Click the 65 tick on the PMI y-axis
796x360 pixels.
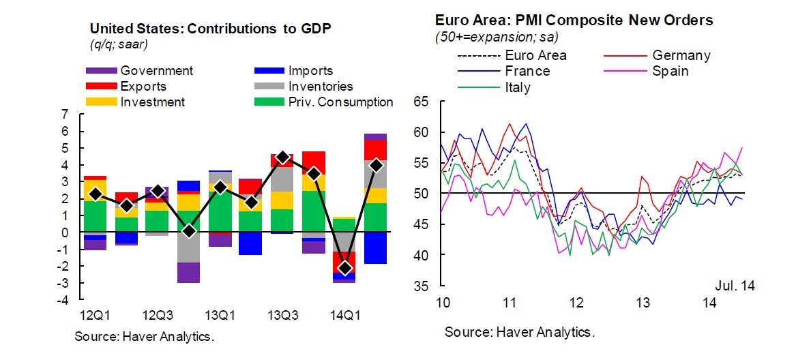tap(421, 102)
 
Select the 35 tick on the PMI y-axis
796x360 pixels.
tap(421, 286)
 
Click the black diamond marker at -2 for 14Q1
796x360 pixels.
tap(345, 267)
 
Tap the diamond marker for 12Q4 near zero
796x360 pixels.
tap(189, 231)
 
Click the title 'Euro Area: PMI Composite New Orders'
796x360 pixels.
tap(574, 20)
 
